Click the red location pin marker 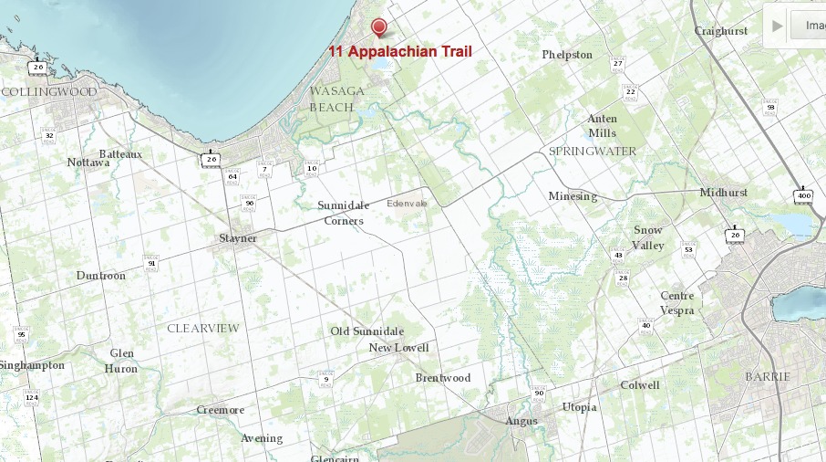379,26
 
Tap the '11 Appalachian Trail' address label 400,52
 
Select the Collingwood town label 49,92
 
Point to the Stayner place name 238,238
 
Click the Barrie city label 768,376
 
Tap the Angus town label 521,421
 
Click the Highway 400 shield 803,196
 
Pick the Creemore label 221,410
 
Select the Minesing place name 573,196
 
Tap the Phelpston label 567,55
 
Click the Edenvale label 407,203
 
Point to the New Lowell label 398,348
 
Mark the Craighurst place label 720,30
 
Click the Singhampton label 33,365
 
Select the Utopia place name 579,406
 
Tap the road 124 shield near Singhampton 31,398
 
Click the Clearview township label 202,328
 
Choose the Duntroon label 101,275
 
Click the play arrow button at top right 777,26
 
